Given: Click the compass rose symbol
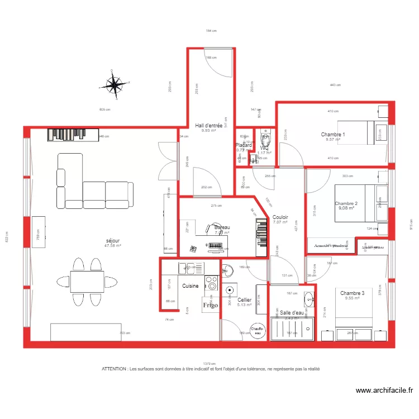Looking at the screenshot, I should (x=115, y=85).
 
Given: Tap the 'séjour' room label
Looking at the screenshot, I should (x=113, y=240).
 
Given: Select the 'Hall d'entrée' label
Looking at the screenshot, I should (x=208, y=126).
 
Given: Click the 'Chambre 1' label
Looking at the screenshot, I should (x=333, y=135).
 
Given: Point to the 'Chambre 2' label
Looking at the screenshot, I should (x=346, y=203).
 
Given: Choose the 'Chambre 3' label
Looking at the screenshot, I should (x=352, y=293).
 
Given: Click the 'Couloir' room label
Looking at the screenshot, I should (x=280, y=217).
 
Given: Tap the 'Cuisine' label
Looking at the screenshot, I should (x=190, y=286).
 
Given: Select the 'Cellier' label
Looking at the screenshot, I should (x=244, y=300).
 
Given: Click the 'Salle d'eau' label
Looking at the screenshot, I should (x=292, y=313).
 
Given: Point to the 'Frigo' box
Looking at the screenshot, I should (x=210, y=306).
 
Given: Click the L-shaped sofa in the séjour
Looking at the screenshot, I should (x=92, y=184).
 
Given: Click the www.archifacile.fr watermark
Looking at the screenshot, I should (x=384, y=391).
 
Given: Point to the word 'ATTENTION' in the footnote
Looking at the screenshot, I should (x=114, y=369).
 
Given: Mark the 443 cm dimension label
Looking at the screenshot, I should (x=335, y=85).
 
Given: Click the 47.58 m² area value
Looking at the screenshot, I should (x=113, y=246).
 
